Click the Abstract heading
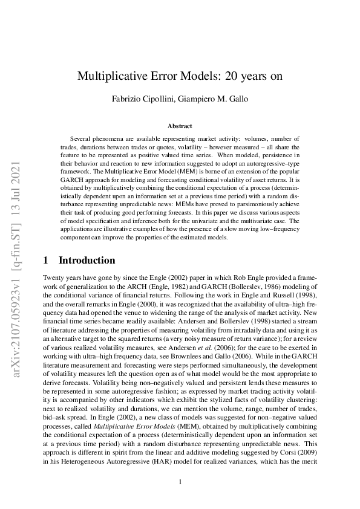[180, 126]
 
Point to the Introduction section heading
[87, 261]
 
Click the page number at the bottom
[180, 482]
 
